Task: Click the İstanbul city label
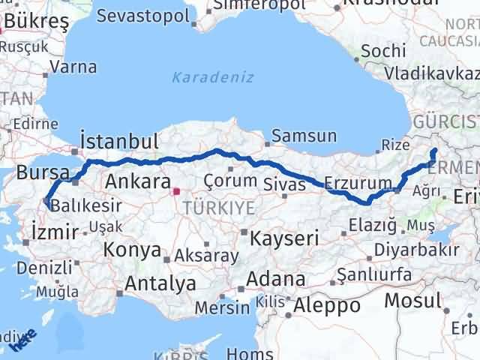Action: tap(120, 142)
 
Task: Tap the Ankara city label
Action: tap(138, 181)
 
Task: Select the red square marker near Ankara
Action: tap(176, 191)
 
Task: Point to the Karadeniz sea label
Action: tap(213, 77)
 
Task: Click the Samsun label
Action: tap(304, 136)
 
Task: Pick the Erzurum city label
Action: tap(358, 183)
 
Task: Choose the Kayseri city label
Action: tap(284, 239)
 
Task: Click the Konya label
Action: tap(133, 250)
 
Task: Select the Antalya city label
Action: tap(160, 283)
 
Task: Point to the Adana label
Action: tap(278, 280)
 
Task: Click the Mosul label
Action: tap(412, 301)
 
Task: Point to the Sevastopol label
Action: tap(154, 15)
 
